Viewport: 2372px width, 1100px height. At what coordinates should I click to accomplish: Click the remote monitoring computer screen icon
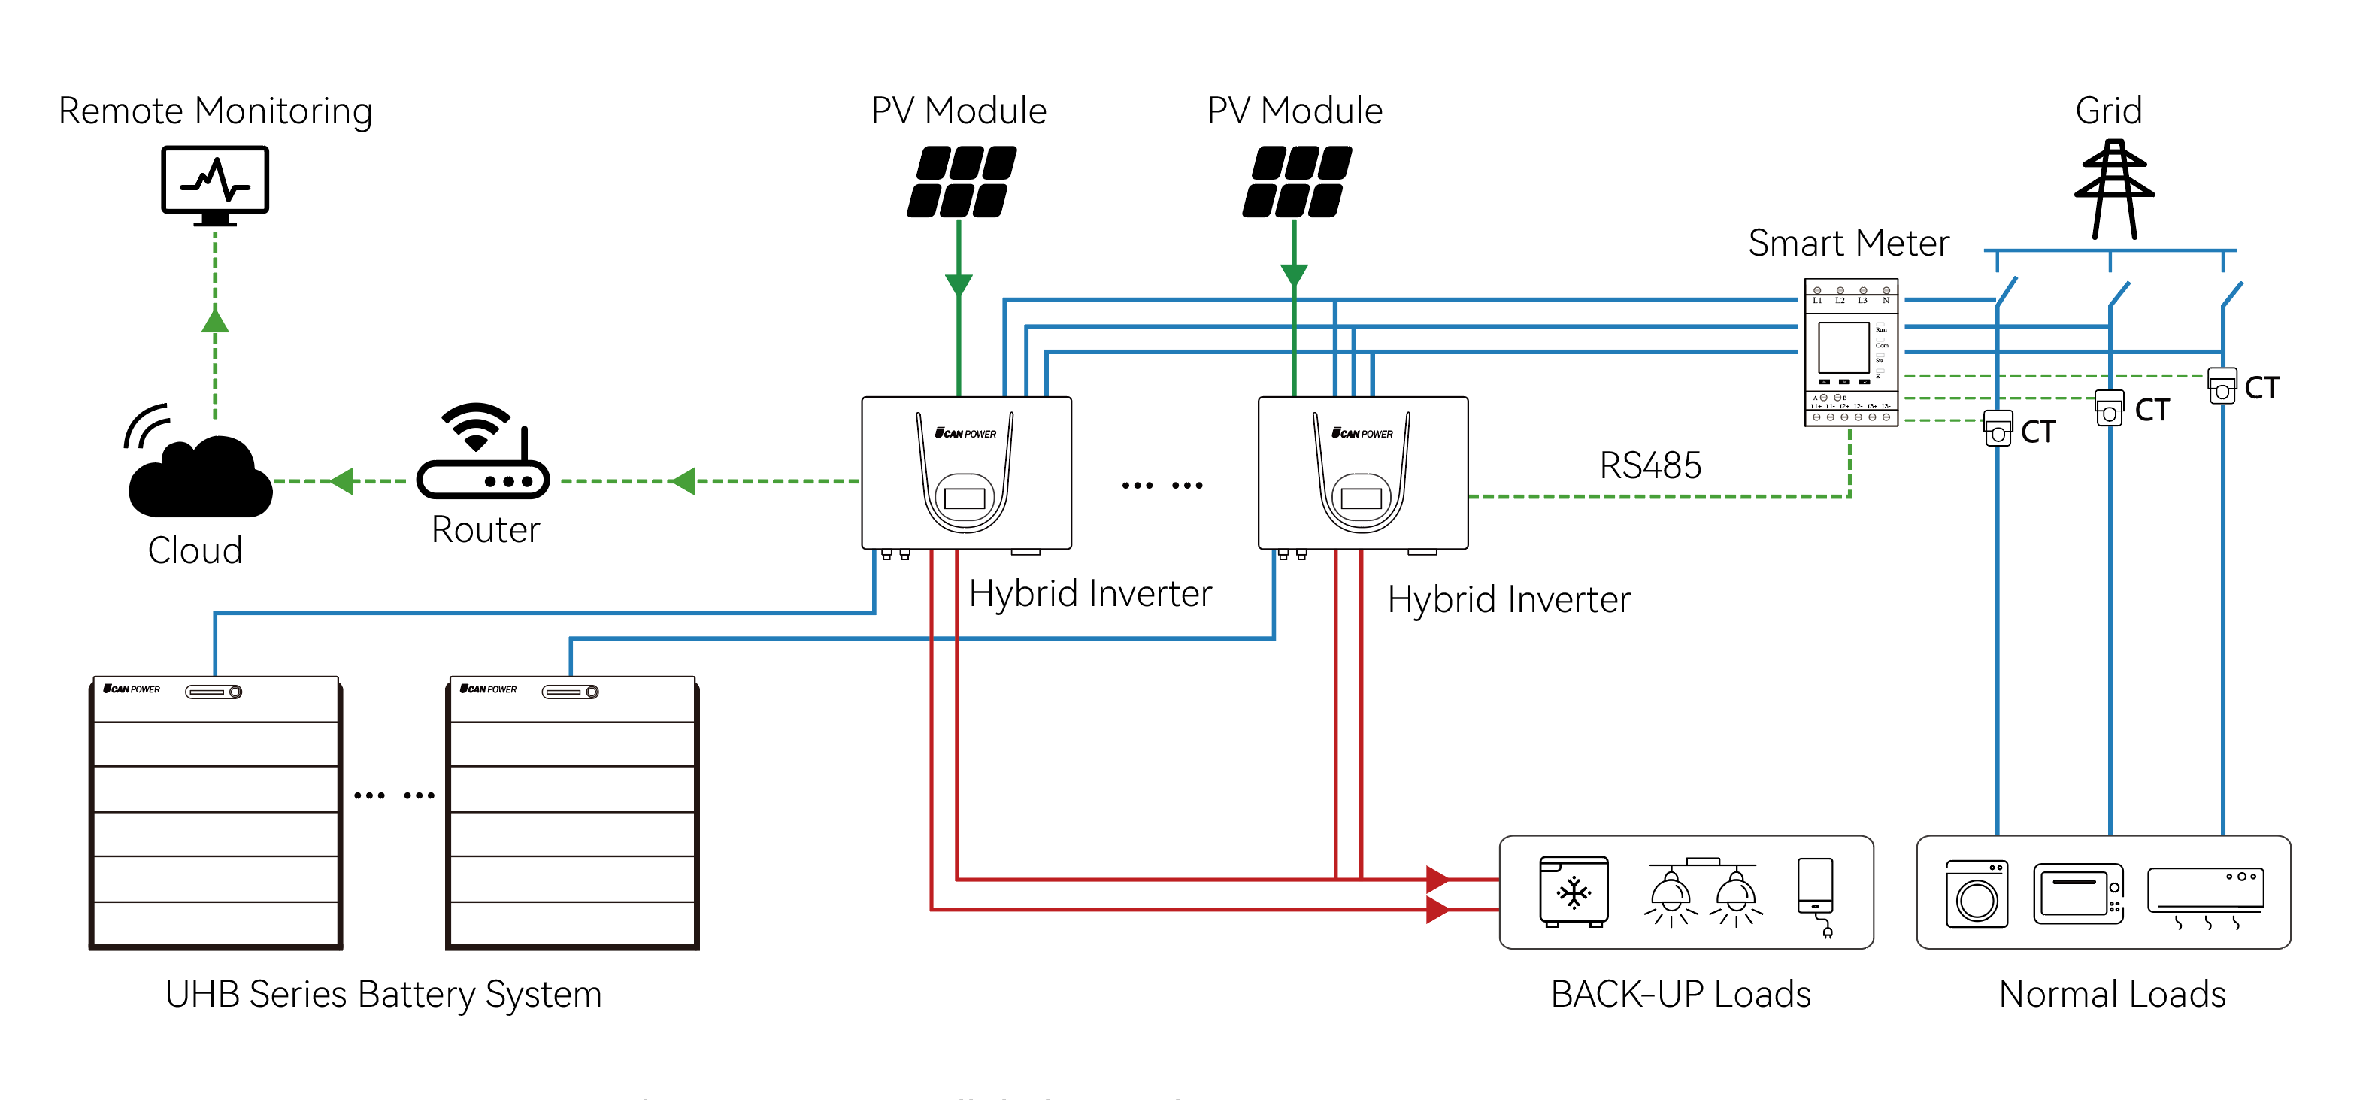pos(214,183)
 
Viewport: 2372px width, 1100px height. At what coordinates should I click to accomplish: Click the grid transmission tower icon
pos(2114,189)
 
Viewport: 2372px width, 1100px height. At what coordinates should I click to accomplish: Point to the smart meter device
pos(1851,353)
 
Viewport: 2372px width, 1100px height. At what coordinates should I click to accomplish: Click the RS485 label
pos(1650,465)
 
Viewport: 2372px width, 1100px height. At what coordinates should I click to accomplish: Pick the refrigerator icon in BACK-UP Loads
pos(1574,891)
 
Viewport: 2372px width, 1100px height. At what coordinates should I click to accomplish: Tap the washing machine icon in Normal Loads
pos(1976,894)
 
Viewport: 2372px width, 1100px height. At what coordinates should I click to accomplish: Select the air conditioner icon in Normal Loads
pos(2205,894)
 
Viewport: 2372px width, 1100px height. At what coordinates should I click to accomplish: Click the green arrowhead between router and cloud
pos(343,480)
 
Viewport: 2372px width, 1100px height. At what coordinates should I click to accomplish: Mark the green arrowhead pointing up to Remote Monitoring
pos(214,320)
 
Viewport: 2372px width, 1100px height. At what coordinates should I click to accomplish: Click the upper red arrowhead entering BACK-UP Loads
pos(1437,879)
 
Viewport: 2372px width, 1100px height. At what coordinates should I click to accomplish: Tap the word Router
pos(485,530)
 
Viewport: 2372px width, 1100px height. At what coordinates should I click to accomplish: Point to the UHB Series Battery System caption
pos(383,994)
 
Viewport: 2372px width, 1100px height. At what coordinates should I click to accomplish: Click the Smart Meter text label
pos(1848,243)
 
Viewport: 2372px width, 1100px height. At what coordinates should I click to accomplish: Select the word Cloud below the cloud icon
pos(195,550)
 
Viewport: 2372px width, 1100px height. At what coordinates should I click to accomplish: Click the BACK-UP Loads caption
pos(1680,994)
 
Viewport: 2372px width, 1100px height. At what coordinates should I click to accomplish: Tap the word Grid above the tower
pos(2109,111)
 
